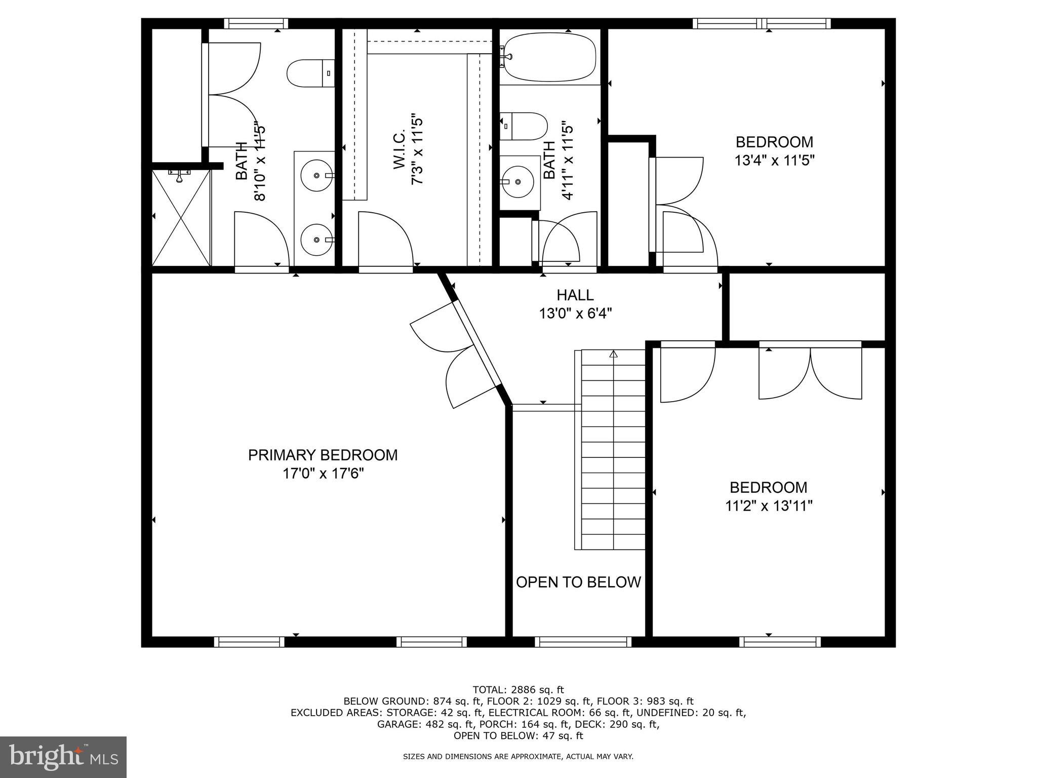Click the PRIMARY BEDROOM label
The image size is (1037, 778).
(323, 455)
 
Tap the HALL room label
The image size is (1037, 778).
(575, 295)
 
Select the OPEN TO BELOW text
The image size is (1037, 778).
(578, 582)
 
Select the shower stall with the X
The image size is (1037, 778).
(181, 218)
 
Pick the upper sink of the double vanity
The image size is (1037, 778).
(316, 175)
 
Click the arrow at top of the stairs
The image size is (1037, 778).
(614, 354)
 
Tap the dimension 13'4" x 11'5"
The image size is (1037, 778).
(774, 161)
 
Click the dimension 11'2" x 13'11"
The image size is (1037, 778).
(768, 506)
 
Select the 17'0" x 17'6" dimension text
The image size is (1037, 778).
(323, 474)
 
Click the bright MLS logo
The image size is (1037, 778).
(63, 757)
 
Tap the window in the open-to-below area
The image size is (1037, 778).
(583, 642)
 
